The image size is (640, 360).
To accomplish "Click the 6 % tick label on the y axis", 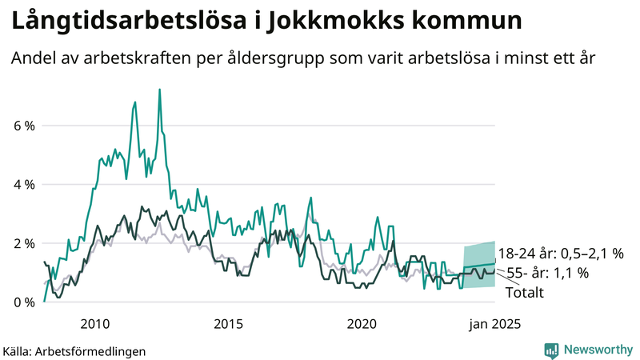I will coord(22,126).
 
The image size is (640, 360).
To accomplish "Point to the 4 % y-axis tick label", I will coord(22,184).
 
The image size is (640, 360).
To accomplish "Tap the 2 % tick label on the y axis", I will coord(22,243).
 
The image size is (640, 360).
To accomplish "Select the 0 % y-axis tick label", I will coord(22,302).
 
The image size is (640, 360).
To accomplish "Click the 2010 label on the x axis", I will coord(94,324).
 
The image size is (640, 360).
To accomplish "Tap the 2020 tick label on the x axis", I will coord(362,324).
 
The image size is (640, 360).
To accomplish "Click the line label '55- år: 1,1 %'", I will coord(549,274).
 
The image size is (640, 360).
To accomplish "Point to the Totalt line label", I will coord(525,293).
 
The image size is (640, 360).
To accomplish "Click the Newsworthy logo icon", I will coord(551,350).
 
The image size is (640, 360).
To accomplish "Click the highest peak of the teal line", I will coord(160,89).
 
